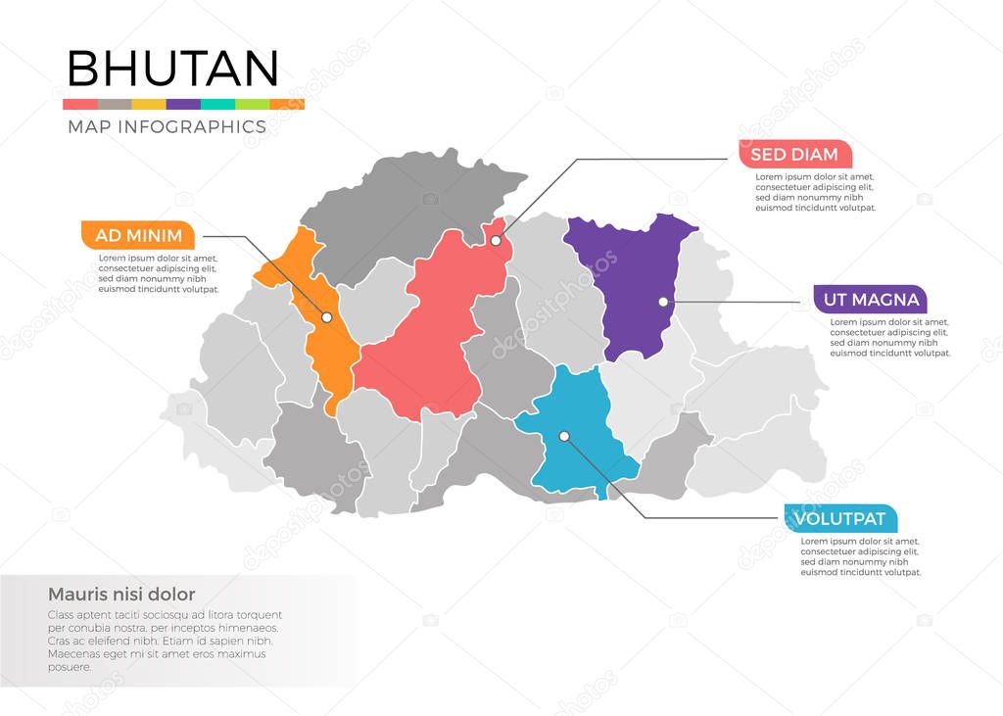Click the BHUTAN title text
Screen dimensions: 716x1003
click(x=172, y=69)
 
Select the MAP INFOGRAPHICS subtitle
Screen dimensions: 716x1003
click(x=167, y=126)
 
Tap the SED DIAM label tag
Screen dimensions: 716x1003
click(x=794, y=154)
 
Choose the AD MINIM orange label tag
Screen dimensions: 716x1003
click(x=138, y=235)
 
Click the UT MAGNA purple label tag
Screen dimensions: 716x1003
click(x=870, y=299)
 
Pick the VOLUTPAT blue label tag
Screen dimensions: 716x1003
click(x=840, y=519)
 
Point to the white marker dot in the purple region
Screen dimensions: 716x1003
click(x=663, y=302)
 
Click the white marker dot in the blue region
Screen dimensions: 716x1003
click(x=563, y=436)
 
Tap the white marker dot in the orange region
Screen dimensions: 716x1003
click(x=327, y=317)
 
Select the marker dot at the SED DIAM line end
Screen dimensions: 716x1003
click(x=496, y=240)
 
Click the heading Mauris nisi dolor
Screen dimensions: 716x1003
click(x=121, y=594)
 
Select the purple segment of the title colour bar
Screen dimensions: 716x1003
click(x=183, y=104)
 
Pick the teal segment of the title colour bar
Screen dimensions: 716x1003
click(x=217, y=104)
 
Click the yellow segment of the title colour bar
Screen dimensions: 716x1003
click(x=149, y=104)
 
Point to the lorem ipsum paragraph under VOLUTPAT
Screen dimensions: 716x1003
click(x=860, y=556)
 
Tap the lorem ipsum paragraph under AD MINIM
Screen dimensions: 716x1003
click(x=158, y=273)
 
